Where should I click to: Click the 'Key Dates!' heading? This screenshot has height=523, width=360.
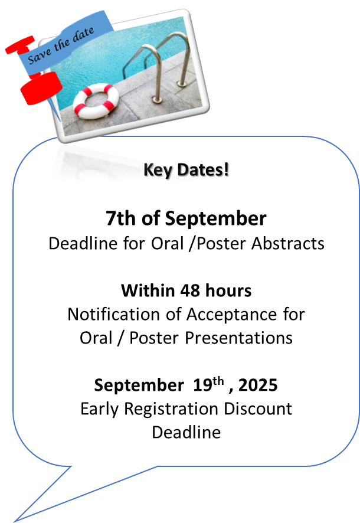(x=186, y=169)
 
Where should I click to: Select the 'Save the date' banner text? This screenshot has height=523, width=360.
(x=61, y=45)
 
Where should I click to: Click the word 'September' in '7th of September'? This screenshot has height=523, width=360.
(x=215, y=219)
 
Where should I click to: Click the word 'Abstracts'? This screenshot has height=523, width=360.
(x=287, y=243)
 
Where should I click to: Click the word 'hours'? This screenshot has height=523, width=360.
(x=228, y=290)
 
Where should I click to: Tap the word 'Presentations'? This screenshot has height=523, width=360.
(x=238, y=338)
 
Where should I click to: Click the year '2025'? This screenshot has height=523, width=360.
(x=258, y=385)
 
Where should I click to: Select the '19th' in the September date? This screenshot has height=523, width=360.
(x=208, y=384)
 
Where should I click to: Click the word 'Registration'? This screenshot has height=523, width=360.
(x=171, y=409)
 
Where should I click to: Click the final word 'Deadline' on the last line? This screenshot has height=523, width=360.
(x=186, y=432)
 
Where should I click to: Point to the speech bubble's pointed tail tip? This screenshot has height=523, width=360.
(x=15, y=521)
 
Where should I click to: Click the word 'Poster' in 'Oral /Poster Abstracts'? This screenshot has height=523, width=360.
(x=222, y=243)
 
